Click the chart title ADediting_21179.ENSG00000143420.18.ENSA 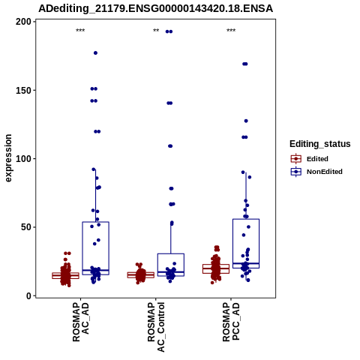click(155, 8)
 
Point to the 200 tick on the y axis click(34, 22)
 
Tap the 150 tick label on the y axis click(23, 90)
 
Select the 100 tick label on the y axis click(23, 159)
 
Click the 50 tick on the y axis click(34, 227)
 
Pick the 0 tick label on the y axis click(28, 295)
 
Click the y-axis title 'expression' click(8, 158)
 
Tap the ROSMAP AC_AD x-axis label click(81, 322)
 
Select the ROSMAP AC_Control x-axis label click(156, 327)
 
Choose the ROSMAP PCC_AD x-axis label click(231, 322)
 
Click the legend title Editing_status click(320, 144)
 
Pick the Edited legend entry click(310, 159)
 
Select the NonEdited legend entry click(316, 172)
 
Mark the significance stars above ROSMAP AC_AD click(80, 31)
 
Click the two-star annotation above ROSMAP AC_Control click(156, 31)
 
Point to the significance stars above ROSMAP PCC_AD click(231, 31)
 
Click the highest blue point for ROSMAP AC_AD click(95, 53)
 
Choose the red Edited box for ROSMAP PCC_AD click(216, 268)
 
